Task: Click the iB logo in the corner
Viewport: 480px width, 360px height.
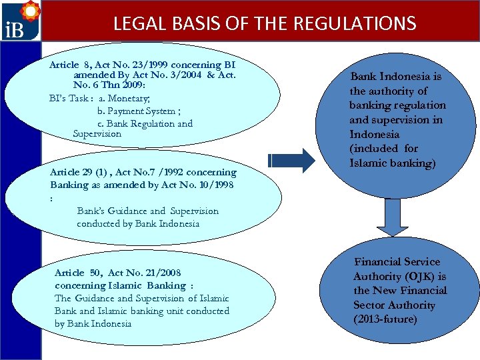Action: tap(20, 21)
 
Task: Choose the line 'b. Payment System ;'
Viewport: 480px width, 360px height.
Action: tap(136, 111)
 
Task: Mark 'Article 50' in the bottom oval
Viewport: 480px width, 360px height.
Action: tap(79, 273)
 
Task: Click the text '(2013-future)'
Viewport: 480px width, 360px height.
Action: tap(385, 319)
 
